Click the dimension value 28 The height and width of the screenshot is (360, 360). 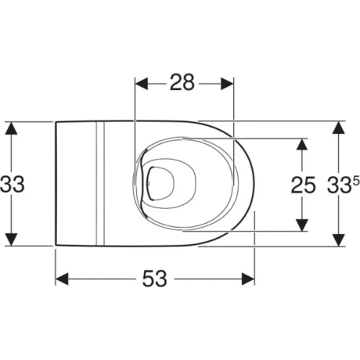[182, 83]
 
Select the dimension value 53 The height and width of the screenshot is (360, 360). [155, 279]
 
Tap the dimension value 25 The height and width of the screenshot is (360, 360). [303, 185]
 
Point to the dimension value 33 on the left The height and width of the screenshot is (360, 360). [12, 184]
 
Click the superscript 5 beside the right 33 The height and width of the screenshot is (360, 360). [356, 181]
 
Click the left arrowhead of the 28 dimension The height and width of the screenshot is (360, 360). [142, 84]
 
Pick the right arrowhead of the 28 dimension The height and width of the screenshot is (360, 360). [227, 84]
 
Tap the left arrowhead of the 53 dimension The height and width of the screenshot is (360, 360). [62, 279]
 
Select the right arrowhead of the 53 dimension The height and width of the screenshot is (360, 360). [248, 279]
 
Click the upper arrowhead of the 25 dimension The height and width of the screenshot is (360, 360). [302, 145]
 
